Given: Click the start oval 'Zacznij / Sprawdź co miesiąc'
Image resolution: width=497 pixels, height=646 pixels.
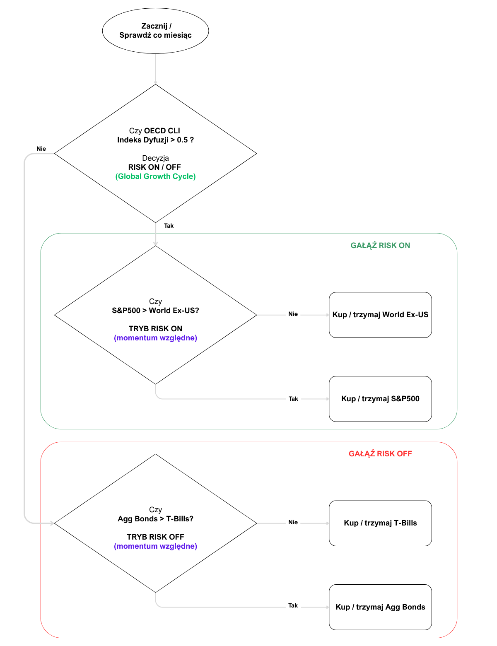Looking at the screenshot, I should pos(155,31).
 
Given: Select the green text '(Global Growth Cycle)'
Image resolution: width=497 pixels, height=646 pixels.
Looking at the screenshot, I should pos(155,176).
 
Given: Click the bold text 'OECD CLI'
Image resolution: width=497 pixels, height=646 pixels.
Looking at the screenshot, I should pos(162,131).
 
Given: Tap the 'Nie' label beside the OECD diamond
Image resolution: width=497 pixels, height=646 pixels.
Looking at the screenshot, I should pos(41,149).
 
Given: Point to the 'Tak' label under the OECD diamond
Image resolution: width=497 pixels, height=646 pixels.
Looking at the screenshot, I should pos(169,226).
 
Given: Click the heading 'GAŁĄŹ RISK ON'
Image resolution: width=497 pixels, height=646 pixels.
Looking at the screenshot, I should pos(380,246).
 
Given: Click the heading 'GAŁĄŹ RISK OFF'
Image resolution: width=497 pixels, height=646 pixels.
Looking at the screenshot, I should pos(380,454).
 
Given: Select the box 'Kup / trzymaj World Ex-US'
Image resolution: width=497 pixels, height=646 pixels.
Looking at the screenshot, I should pos(380,315).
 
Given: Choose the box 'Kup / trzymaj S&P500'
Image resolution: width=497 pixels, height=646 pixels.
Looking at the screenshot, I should pos(380,399).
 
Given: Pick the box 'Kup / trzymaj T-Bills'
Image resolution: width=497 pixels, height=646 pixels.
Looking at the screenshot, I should pos(380,523).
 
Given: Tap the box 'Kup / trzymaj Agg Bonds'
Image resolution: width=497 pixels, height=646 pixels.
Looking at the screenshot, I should pos(380,607).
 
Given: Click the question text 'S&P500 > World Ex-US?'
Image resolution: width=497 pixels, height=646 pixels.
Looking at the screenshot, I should pos(155,311).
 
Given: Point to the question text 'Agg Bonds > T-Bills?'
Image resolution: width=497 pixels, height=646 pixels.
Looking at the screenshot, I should pos(155,519).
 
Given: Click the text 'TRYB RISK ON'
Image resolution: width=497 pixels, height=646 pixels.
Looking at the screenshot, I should pos(155,329).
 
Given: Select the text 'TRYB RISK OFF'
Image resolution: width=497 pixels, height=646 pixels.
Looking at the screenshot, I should pos(155,537).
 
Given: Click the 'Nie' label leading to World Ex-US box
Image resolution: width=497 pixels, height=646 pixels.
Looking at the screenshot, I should pos(293,314).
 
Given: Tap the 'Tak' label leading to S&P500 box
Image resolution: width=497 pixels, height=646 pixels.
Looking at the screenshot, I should pos(293,399).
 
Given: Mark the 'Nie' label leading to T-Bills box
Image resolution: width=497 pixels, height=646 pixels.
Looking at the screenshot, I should pos(293,523).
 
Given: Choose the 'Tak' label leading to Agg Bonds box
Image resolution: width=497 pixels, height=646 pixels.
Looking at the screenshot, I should pos(293,605).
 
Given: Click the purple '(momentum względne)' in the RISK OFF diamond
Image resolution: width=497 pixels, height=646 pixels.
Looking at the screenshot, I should pos(155,546).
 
